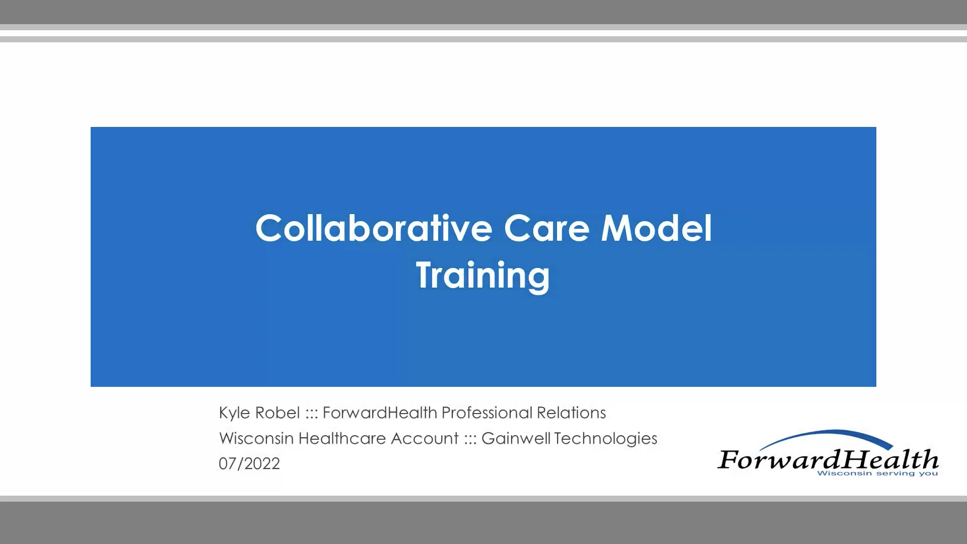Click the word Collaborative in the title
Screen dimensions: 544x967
tap(373, 228)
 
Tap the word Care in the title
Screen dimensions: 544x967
tap(546, 228)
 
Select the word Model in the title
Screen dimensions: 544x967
tap(656, 228)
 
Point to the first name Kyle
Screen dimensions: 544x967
tap(234, 413)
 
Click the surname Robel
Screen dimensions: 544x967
tap(278, 413)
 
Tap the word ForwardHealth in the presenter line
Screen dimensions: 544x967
tap(380, 413)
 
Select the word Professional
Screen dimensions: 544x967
tap(487, 413)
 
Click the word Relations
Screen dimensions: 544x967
tap(571, 413)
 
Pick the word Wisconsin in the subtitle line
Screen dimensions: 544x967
tap(256, 439)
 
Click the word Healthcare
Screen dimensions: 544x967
tap(342, 439)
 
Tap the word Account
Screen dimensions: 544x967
tap(425, 439)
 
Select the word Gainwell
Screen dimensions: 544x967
tap(516, 439)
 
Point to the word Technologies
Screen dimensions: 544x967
tap(606, 439)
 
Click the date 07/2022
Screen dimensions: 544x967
tap(249, 464)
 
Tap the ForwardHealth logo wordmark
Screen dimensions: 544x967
tap(827, 459)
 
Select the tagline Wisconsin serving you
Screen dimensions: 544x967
tap(877, 473)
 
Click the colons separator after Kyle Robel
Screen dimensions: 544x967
tap(311, 414)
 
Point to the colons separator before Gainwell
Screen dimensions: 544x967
tap(470, 439)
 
